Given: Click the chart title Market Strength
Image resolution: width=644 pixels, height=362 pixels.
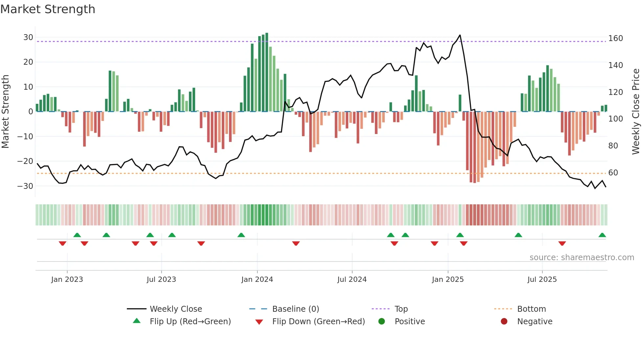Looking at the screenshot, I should [48, 9].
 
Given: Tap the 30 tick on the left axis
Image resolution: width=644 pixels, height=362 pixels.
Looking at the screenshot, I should [28, 37].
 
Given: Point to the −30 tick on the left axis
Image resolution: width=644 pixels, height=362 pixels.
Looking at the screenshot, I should [25, 186].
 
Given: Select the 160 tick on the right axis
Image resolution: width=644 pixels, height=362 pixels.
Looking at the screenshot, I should [615, 38].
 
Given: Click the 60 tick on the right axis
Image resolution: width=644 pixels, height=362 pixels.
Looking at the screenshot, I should [613, 173].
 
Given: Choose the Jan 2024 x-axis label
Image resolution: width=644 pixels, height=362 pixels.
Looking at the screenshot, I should [257, 280].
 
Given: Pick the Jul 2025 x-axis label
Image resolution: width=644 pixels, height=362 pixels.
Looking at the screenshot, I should [542, 280].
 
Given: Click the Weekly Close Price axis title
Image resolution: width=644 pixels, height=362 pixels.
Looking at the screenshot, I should [636, 112].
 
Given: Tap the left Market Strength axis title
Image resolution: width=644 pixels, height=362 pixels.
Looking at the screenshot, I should [5, 112].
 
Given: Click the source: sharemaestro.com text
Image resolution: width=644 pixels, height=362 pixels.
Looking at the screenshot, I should [582, 258].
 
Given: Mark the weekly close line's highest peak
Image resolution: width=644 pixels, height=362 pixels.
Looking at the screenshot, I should [460, 35].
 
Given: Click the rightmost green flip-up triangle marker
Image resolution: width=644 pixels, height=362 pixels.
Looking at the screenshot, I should [602, 235].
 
